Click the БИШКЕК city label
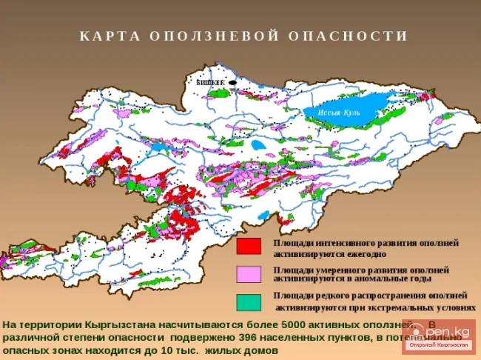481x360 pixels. (210, 83)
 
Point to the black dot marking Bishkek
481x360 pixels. (232, 82)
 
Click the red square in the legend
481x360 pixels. (249, 246)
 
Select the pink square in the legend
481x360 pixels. (249, 274)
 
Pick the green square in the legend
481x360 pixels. (249, 301)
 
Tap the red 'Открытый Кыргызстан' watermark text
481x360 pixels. (448, 345)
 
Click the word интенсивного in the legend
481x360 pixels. (349, 243)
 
